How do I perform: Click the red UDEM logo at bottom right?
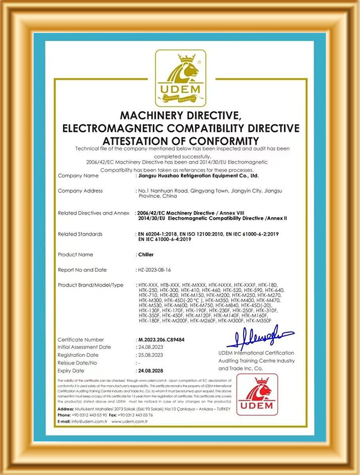coord(256,395)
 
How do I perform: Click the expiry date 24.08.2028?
coord(151,371)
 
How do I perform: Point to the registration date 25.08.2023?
coord(151,355)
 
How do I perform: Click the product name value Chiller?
coord(145,255)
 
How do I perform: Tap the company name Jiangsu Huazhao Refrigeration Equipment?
coord(198,176)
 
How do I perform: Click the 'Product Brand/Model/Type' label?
coord(91,285)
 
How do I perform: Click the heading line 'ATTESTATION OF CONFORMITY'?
coord(181,140)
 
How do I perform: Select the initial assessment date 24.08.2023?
coord(151,347)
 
